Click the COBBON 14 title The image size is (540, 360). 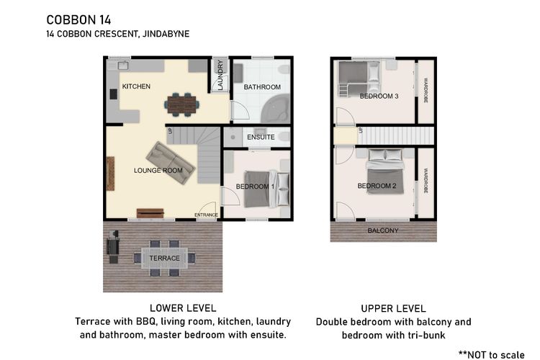pos(79,20)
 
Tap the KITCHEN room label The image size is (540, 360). pos(136,86)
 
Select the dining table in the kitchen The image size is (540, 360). pos(182,104)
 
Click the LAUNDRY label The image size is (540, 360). pos(220,75)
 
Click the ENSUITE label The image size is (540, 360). pos(261,137)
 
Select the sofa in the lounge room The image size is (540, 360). pos(171,163)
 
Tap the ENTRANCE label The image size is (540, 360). pos(207,215)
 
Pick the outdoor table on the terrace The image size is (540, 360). pos(165,258)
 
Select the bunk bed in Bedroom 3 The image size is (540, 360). pos(359,78)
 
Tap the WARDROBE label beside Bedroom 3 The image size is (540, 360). pos(426,91)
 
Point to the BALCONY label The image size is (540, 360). pos(383,230)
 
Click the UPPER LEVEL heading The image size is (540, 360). pos(393,309)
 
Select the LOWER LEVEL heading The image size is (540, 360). pos(183,308)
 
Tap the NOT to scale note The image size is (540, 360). pos(492,354)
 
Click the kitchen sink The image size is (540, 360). pos(124,65)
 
